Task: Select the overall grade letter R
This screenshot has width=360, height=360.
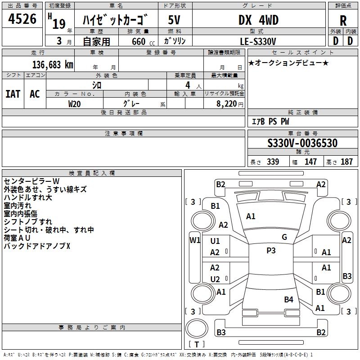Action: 343,21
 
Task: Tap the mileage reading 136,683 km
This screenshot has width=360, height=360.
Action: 53,65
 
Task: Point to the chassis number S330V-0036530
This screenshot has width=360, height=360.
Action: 302,144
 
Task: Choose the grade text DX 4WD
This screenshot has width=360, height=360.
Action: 258,20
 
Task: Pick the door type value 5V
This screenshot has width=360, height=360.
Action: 175,20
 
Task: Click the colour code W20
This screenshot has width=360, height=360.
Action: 75,103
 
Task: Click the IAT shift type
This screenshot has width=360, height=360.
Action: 13,94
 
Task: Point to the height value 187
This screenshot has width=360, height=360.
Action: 346,162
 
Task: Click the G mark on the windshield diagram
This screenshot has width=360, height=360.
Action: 284,237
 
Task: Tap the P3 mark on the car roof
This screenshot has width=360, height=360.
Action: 271,251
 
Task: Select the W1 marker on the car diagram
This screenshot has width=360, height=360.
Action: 195,240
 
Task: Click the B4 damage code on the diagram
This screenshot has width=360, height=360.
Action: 288,299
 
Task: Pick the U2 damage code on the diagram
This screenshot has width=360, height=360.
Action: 215,279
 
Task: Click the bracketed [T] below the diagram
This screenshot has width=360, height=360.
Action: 196,345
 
